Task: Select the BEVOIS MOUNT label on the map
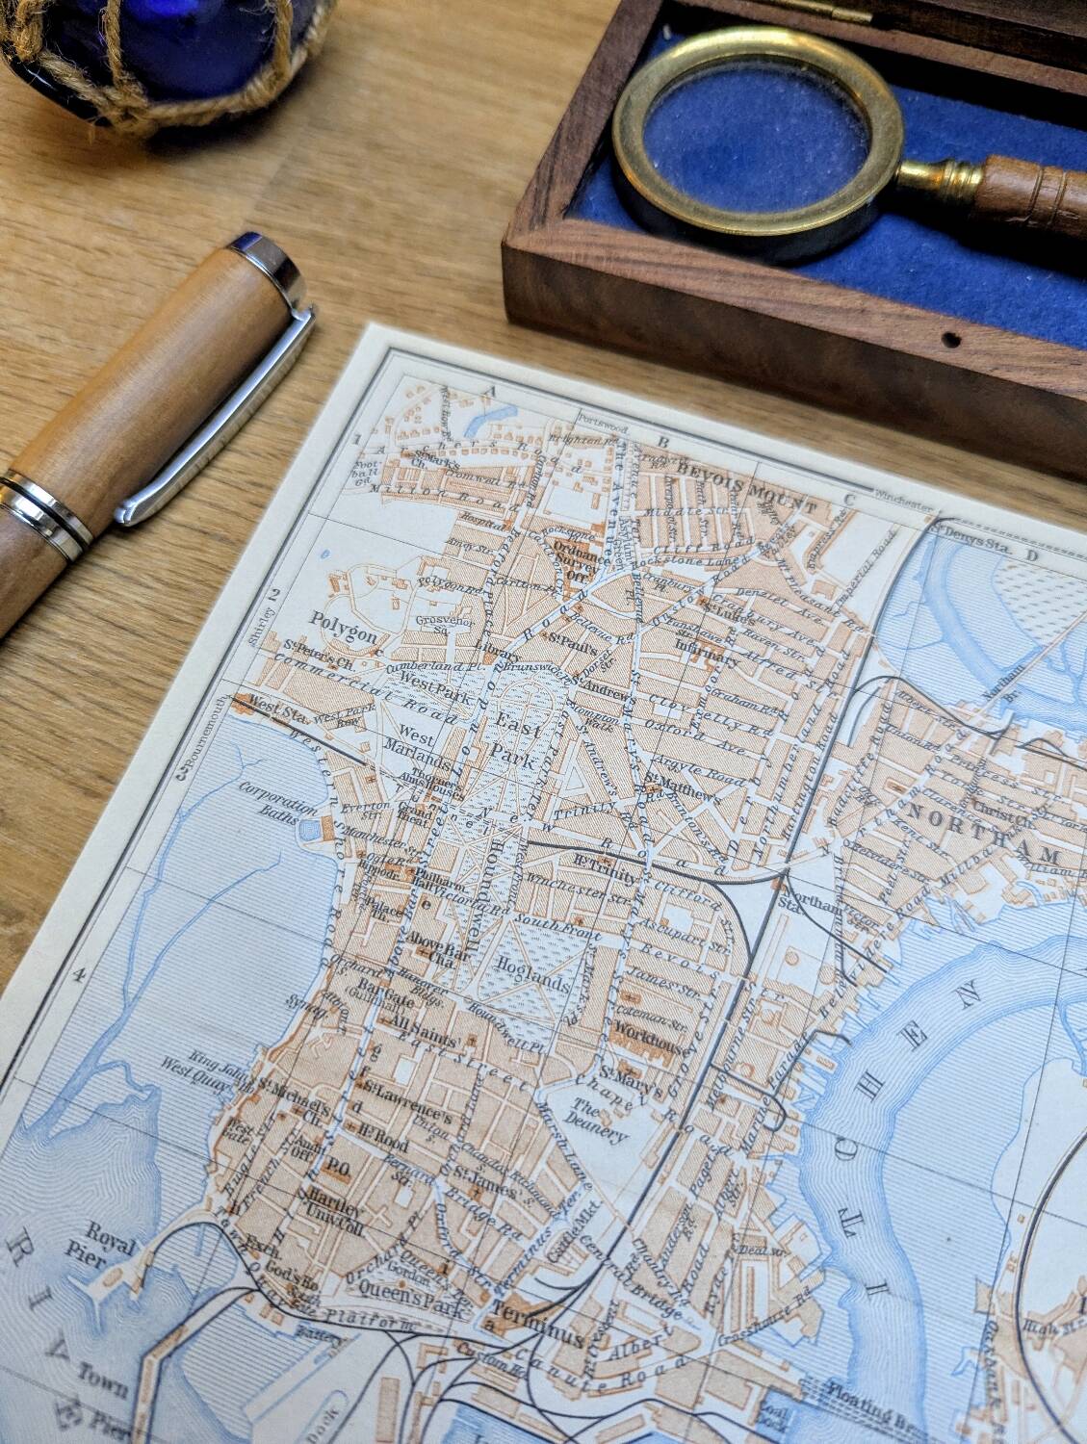click(x=731, y=471)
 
